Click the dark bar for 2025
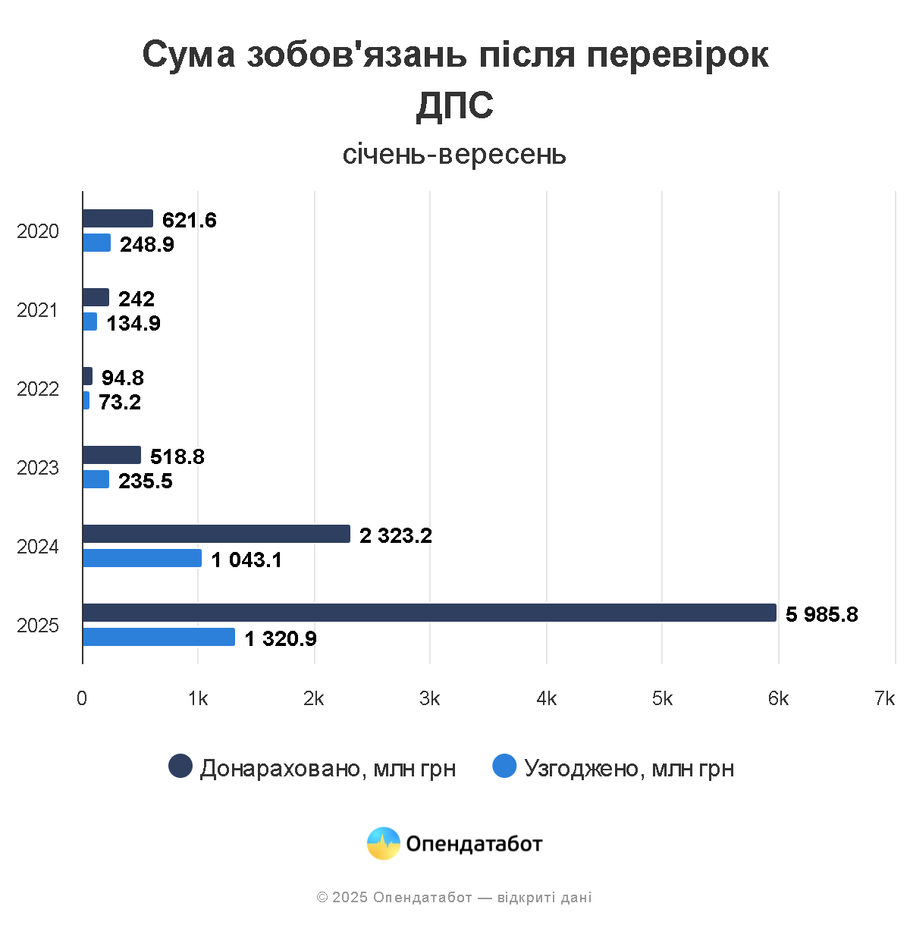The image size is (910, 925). coord(429,613)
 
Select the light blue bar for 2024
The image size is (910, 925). coord(142,559)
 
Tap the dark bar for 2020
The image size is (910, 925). coord(118,219)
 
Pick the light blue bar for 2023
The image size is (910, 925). coord(96,480)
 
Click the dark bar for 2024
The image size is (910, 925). coord(216,535)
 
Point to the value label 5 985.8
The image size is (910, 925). coord(821,614)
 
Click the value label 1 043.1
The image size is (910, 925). coord(246,560)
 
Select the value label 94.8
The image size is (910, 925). coord(122,378)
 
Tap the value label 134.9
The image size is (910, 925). coord(133,324)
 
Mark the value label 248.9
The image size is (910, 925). coord(147,245)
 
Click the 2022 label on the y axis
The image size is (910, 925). coord(38,389)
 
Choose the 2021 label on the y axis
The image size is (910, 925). coord(38,310)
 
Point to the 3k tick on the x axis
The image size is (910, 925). coord(430,699)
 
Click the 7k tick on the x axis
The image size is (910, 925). coord(884,699)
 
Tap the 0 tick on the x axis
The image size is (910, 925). coord(82,699)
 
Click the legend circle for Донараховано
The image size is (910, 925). coord(180,767)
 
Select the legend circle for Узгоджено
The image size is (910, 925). coord(504,767)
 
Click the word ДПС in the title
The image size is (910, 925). coord(455,105)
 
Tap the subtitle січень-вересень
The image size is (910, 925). coord(454,154)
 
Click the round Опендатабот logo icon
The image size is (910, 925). coord(384,843)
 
